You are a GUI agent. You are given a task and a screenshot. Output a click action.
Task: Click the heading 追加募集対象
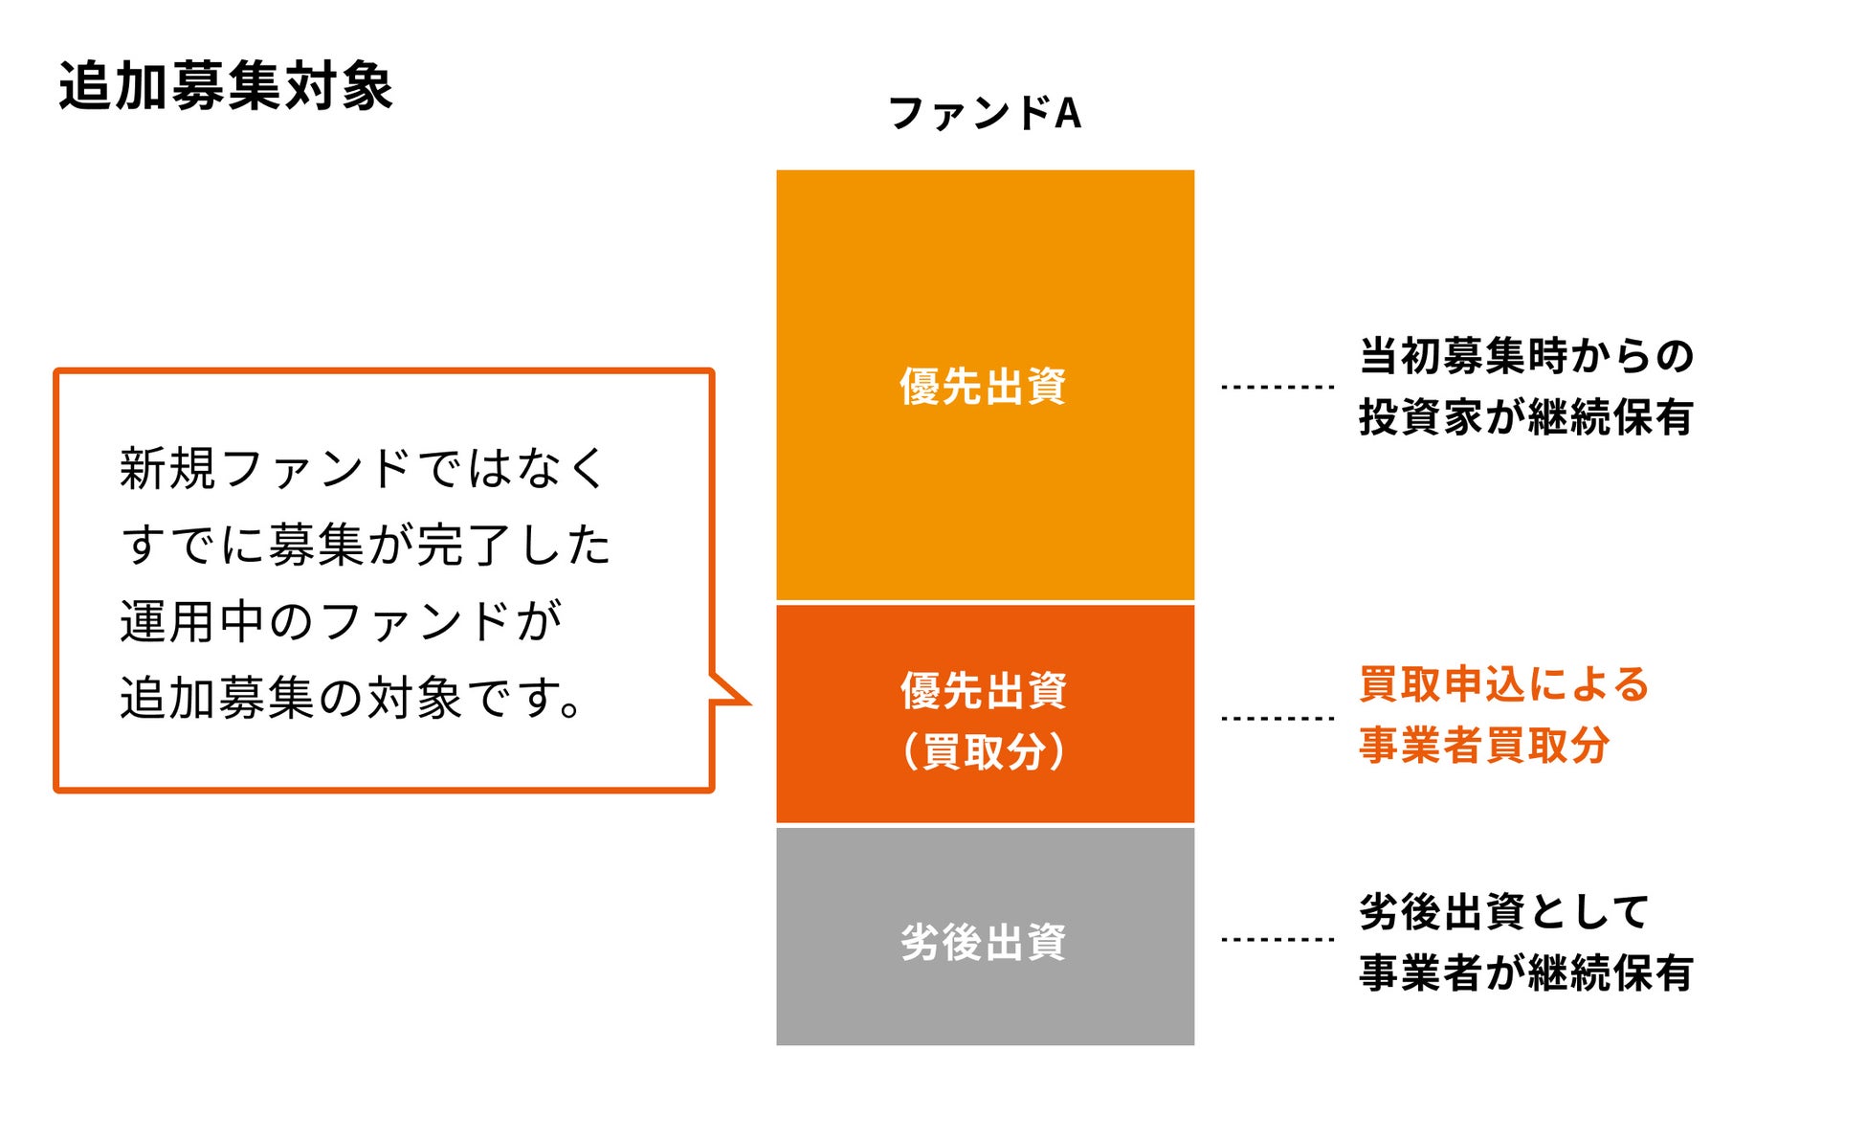coord(226,86)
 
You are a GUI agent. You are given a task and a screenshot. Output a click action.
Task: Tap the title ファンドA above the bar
coord(985,113)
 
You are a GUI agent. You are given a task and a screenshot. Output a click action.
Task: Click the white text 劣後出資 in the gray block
coord(984,942)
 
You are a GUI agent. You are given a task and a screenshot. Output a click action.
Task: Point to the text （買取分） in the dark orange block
coord(984,751)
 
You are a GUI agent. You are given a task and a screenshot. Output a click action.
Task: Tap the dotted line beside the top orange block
coord(1277,387)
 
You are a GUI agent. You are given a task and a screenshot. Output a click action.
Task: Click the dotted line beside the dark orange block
coord(1277,717)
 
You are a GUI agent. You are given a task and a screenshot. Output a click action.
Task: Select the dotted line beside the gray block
coord(1277,939)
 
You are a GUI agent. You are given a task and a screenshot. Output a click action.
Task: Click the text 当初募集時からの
coord(1526,356)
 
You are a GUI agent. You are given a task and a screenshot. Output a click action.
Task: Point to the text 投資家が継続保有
coord(1526,417)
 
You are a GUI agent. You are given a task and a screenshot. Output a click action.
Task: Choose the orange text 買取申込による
coord(1504,684)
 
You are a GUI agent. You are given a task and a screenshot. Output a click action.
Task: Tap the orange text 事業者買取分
coord(1484,746)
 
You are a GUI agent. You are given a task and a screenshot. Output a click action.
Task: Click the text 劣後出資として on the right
coord(1504,911)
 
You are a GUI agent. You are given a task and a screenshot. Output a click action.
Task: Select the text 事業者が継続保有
coord(1526,972)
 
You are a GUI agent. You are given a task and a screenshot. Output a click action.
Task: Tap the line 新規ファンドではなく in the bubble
coord(364,469)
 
